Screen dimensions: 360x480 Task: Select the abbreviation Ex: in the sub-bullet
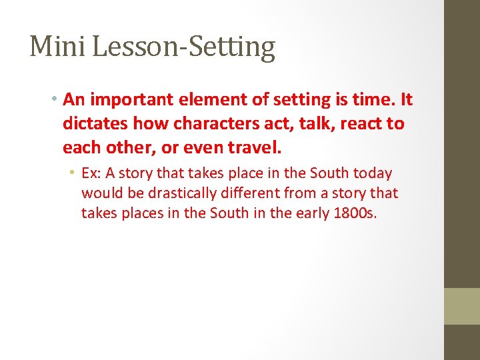pyautogui.click(x=91, y=173)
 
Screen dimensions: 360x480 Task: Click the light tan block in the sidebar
pyautogui.click(x=462, y=306)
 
